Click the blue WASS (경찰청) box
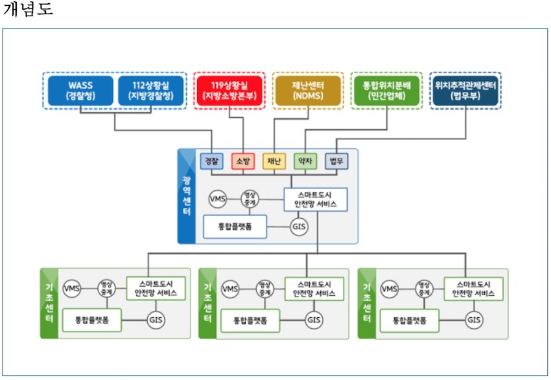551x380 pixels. (x=81, y=90)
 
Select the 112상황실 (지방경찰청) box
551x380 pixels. (x=151, y=90)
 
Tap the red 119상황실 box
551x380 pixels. (x=229, y=90)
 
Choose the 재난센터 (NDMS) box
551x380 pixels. (x=307, y=90)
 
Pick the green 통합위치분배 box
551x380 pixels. (x=386, y=90)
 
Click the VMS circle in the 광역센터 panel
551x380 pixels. (x=218, y=199)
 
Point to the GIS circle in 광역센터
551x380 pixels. (x=299, y=227)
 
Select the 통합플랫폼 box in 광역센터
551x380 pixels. (x=235, y=227)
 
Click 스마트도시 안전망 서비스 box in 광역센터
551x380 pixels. (x=316, y=199)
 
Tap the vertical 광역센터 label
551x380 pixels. (x=187, y=196)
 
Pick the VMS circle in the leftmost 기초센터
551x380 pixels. (x=72, y=288)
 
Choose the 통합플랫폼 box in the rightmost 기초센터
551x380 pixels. (x=408, y=320)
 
